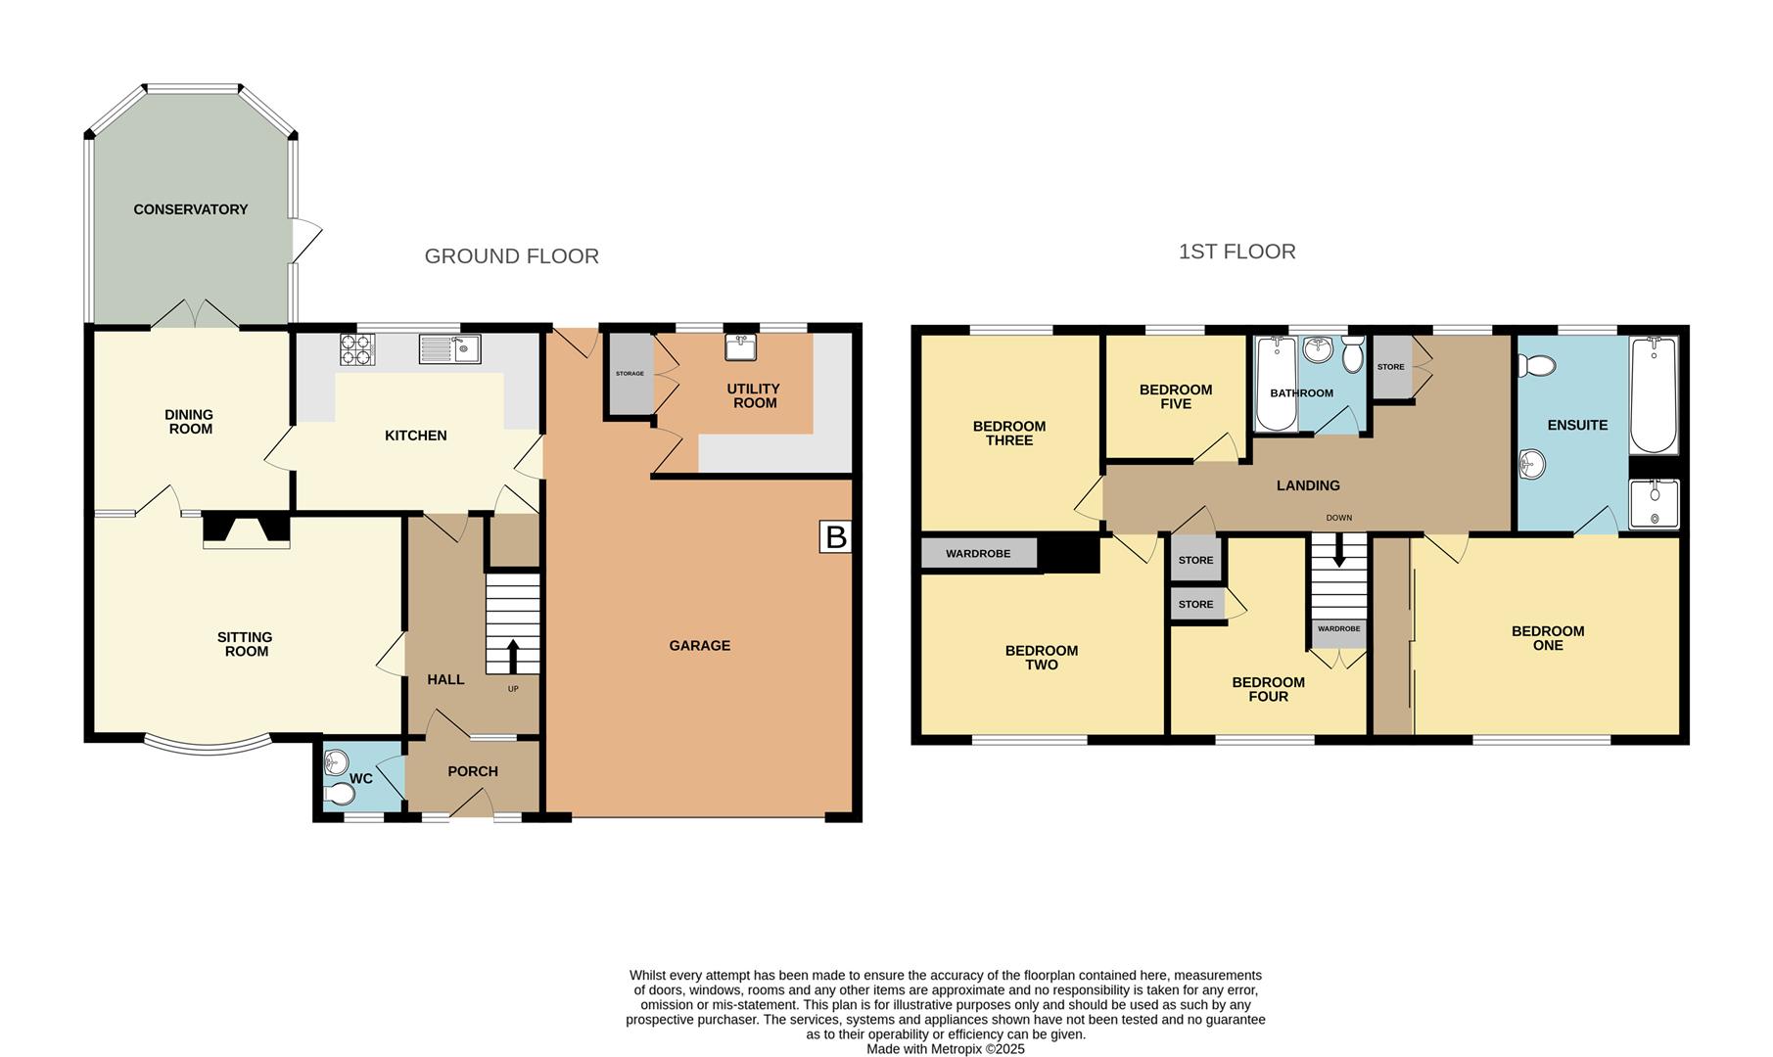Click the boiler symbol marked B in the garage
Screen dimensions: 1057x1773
pyautogui.click(x=835, y=536)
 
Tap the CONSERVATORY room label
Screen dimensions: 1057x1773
pyautogui.click(x=191, y=209)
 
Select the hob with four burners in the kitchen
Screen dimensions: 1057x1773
pyautogui.click(x=357, y=349)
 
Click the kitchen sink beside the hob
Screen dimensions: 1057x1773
pyautogui.click(x=449, y=348)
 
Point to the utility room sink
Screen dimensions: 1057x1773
pyautogui.click(x=738, y=347)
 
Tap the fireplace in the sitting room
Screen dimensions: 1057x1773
pyautogui.click(x=247, y=531)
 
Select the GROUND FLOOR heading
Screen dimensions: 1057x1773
pyautogui.click(x=511, y=256)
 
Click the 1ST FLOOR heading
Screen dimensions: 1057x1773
pyautogui.click(x=1236, y=253)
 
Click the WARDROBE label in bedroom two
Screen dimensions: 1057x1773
pyautogui.click(x=978, y=554)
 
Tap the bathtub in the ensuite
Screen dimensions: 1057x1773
pyautogui.click(x=1654, y=394)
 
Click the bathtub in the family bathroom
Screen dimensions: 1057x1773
pyautogui.click(x=1275, y=384)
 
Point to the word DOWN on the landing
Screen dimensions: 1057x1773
pyautogui.click(x=1338, y=518)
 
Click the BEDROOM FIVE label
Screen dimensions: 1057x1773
pyautogui.click(x=1176, y=396)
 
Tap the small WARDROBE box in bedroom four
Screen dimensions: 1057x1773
pyautogui.click(x=1338, y=628)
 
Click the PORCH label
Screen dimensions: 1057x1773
pyautogui.click(x=473, y=771)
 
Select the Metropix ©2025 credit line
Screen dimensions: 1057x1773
pyautogui.click(x=945, y=1048)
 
